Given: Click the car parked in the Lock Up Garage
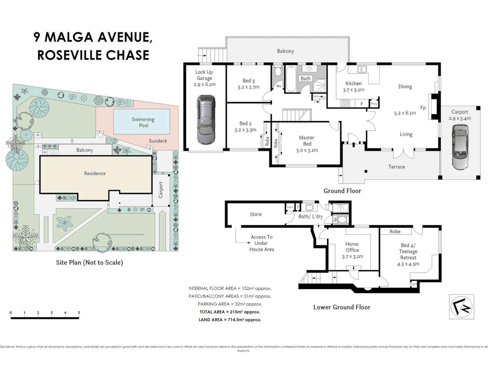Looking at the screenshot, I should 205,119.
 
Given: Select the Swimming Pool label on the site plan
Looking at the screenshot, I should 143,122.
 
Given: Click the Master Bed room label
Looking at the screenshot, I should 307,144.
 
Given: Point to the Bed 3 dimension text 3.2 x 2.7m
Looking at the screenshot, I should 248,87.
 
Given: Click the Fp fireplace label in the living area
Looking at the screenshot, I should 423,108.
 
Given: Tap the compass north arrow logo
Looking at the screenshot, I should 461,307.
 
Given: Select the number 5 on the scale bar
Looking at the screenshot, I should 79,313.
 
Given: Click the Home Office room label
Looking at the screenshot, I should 352,250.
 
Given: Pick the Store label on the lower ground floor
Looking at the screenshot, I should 256,214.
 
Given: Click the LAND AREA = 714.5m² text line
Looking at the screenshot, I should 230,320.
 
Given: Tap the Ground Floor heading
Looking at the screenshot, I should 342,191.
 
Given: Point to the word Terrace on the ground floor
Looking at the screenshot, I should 396,167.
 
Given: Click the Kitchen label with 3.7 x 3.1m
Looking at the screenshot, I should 353,86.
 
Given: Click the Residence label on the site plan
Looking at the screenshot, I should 95,174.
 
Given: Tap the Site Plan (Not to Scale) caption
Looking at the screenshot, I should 89,262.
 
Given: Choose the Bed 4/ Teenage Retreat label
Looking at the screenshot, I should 408,255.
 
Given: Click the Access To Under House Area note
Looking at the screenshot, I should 262,243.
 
